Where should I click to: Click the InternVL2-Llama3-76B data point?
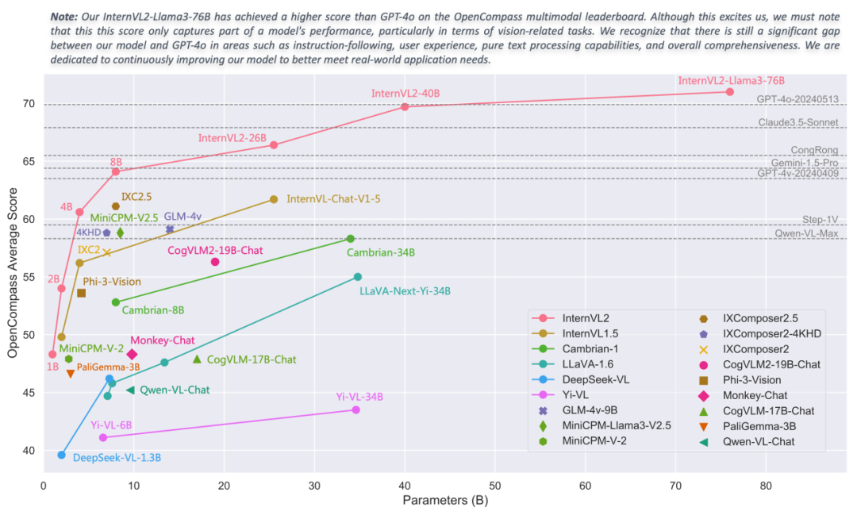pos(729,92)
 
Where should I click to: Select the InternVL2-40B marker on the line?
pos(405,106)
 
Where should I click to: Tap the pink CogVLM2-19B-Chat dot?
pos(215,262)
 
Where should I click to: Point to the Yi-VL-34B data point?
pos(355,409)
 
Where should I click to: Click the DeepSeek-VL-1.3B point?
pos(62,455)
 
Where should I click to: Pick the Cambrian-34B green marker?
pos(351,239)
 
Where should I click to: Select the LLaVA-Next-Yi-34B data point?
pos(358,277)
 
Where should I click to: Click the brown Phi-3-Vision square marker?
pos(81,294)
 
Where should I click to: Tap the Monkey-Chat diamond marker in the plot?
pos(132,355)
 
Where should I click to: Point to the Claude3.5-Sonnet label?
pos(802,122)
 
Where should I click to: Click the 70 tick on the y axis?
pos(29,104)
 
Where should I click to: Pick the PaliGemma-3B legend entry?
pos(755,426)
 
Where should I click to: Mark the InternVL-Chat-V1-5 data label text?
pos(333,199)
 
